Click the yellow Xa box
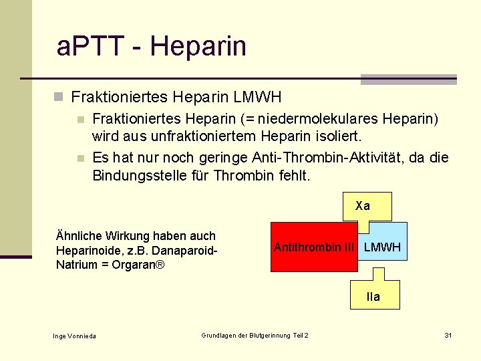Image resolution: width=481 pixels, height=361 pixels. click(x=363, y=207)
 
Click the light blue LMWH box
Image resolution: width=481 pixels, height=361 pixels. click(x=382, y=247)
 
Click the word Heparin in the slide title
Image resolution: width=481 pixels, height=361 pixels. click(x=198, y=47)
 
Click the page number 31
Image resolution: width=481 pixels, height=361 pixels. click(x=448, y=335)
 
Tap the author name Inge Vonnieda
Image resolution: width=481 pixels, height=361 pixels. click(x=74, y=336)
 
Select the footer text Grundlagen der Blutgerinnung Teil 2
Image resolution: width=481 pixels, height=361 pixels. click(x=255, y=335)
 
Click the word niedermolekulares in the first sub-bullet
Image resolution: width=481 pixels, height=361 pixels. click(x=319, y=120)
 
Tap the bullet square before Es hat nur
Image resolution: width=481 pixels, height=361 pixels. click(x=80, y=159)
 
